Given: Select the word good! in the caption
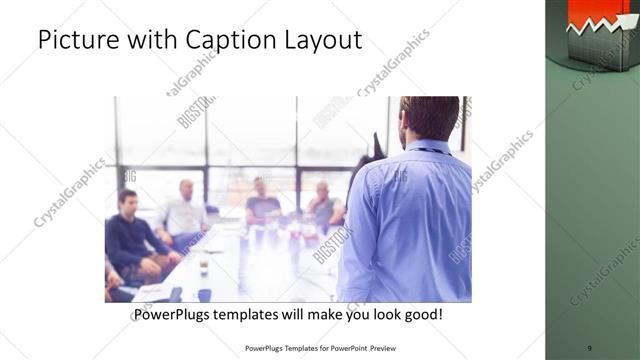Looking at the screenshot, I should pyautogui.click(x=421, y=315).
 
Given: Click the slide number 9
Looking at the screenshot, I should pyautogui.click(x=589, y=348).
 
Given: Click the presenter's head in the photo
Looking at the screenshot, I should pyautogui.click(x=422, y=118).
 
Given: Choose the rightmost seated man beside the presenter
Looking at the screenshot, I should pyautogui.click(x=324, y=205).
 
